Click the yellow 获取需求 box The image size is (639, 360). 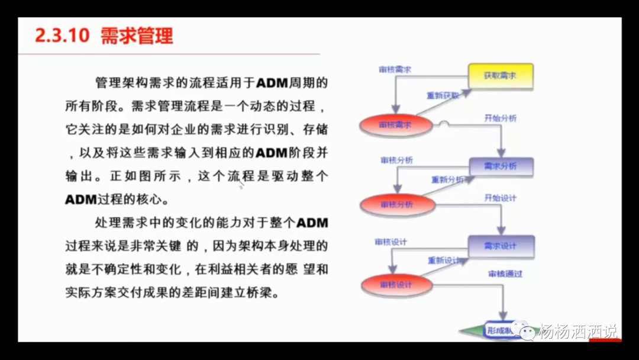[501, 76]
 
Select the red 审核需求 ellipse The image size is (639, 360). [395, 125]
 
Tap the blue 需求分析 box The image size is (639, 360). [501, 166]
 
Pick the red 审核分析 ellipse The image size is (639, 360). [397, 205]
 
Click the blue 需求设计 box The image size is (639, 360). [501, 246]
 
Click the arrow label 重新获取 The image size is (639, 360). [443, 95]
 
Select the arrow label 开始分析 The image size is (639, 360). [500, 118]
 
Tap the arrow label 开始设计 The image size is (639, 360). [500, 198]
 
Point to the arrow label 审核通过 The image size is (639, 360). [505, 274]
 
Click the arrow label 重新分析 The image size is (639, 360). [447, 180]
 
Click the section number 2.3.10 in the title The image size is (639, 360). [62, 36]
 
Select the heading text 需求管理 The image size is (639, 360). [137, 36]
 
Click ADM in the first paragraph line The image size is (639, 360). [272, 82]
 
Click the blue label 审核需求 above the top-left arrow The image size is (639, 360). [395, 70]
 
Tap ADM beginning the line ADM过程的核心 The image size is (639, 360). [80, 199]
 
